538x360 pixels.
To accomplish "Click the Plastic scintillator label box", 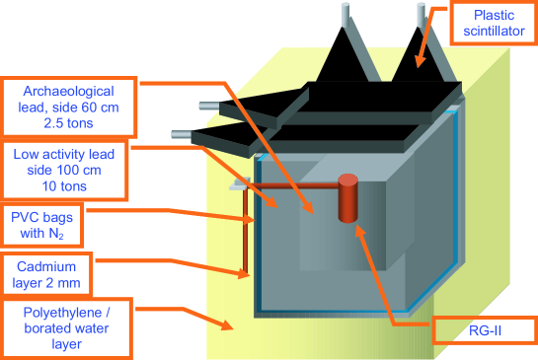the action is tap(494, 24).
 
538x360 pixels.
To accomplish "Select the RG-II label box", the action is tap(485, 330).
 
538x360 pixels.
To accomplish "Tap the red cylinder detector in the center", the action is tap(347, 198).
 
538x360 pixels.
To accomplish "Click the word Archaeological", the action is tap(69, 91).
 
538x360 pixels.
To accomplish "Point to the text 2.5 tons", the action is tap(68, 123).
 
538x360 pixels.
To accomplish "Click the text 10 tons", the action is tap(64, 186).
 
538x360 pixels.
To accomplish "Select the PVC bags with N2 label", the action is tap(41, 225).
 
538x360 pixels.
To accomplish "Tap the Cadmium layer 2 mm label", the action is tap(46, 274).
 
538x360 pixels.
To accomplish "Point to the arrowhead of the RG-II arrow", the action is tap(359, 230).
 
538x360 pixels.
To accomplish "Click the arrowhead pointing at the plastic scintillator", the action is tap(420, 62).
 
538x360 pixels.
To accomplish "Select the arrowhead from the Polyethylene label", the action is tap(227, 325).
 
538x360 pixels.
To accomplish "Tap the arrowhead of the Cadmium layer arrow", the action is tap(244, 273).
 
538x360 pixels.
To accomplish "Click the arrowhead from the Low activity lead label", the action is tap(272, 202).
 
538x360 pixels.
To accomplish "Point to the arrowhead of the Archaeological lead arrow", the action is tap(308, 208).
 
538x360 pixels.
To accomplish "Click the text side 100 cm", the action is tap(64, 170).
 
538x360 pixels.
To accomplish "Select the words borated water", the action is tap(66, 328).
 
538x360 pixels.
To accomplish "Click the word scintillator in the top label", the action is tap(495, 32).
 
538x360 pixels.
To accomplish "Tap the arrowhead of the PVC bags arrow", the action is tap(250, 219).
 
